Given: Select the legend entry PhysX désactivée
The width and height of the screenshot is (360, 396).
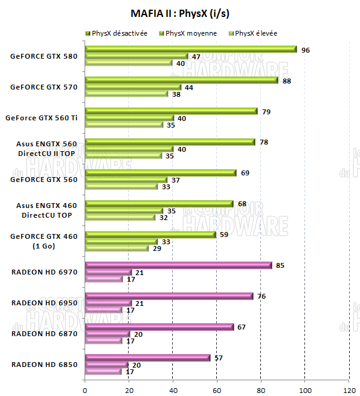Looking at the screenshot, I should point(120,33).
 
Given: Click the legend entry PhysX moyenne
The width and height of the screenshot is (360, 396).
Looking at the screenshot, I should point(190,33).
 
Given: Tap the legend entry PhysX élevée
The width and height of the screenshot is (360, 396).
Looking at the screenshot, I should point(256,33).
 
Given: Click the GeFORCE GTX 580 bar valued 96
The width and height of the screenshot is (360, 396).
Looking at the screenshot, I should point(191,50).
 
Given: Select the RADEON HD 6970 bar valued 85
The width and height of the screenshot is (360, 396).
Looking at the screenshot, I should point(179,265).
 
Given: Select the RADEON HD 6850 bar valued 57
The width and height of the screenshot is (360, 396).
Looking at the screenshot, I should point(148,357).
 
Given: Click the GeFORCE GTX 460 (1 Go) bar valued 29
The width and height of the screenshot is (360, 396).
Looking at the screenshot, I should point(117,248).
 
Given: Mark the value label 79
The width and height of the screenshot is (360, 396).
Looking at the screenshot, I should point(266,111).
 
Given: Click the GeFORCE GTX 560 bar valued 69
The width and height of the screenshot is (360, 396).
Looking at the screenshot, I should point(161,173).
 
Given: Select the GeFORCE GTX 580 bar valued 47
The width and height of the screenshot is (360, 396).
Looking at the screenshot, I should point(137,56).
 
